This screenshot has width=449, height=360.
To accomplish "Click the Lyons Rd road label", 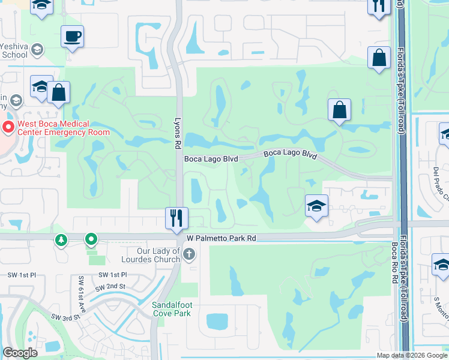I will [x=178, y=130].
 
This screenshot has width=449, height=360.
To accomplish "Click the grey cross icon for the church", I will [x=189, y=254].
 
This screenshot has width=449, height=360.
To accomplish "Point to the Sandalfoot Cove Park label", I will [x=172, y=309].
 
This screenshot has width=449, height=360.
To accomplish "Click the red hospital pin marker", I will [x=8, y=127].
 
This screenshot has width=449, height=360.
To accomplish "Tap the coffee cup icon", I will [x=72, y=37].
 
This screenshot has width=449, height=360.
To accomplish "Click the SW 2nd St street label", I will [x=113, y=286].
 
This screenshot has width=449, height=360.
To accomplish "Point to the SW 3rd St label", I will [x=65, y=317].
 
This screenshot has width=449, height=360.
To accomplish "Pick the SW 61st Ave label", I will [x=82, y=291].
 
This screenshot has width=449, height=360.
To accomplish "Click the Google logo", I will [x=20, y=353].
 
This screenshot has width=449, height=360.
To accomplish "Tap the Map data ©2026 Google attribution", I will [x=412, y=355].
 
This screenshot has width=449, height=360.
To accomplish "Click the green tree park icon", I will [x=61, y=241].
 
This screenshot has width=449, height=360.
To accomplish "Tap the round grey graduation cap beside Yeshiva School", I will [x=38, y=49].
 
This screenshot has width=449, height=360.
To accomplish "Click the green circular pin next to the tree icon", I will [x=91, y=241].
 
